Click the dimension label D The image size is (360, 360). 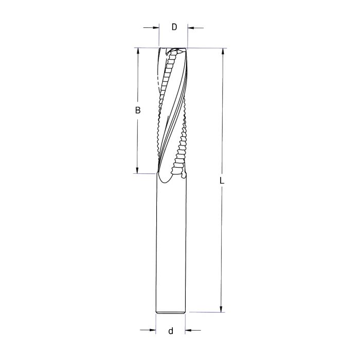[174, 27]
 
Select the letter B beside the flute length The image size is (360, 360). [137, 110]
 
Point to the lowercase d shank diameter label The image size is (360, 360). [170, 331]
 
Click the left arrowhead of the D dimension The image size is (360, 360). [156, 27]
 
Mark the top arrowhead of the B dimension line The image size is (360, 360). [137, 52]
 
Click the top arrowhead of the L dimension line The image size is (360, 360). [222, 52]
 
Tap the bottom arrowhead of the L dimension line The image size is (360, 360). [222, 309]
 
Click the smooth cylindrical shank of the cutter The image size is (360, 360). [171, 247]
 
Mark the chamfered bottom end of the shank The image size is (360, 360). [171, 312]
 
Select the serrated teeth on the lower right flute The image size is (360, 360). [181, 154]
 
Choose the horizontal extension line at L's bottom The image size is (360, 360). [206, 312]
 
